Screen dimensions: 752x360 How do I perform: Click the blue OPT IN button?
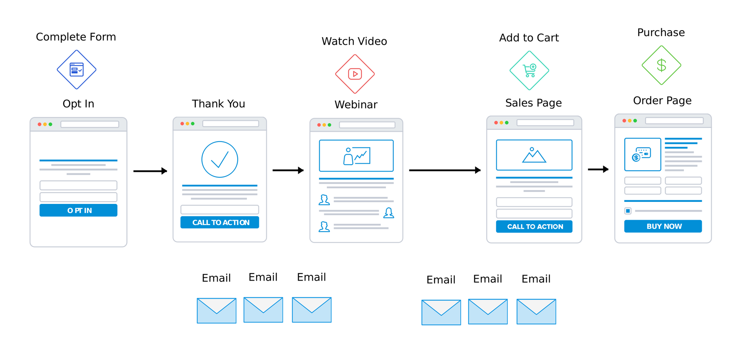click(x=78, y=210)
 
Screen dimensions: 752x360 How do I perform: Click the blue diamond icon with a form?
click(x=77, y=70)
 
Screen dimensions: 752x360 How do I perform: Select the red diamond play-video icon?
click(x=355, y=74)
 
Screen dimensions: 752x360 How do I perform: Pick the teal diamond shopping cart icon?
click(x=529, y=70)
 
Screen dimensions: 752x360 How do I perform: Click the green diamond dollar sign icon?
click(x=661, y=65)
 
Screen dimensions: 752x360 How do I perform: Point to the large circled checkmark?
click(x=220, y=159)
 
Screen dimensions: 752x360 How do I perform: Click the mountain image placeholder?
click(x=534, y=155)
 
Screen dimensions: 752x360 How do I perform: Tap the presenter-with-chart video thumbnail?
click(x=356, y=156)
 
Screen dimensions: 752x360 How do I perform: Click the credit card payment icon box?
click(x=642, y=155)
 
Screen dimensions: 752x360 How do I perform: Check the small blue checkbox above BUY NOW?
click(x=628, y=211)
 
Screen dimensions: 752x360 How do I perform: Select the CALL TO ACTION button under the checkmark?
click(x=220, y=222)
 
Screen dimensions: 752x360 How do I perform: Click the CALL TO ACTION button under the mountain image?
click(x=534, y=227)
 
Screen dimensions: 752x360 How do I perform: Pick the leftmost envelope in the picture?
click(x=216, y=311)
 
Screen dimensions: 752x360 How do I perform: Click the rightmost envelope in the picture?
click(x=536, y=312)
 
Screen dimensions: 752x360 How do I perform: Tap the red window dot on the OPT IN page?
click(x=40, y=124)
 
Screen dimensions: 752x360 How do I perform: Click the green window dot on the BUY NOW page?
click(x=635, y=121)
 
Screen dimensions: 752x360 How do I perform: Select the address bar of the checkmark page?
click(x=231, y=124)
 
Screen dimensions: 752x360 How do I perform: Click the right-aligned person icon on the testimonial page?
click(x=389, y=213)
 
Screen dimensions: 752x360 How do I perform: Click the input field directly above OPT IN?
click(x=78, y=197)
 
